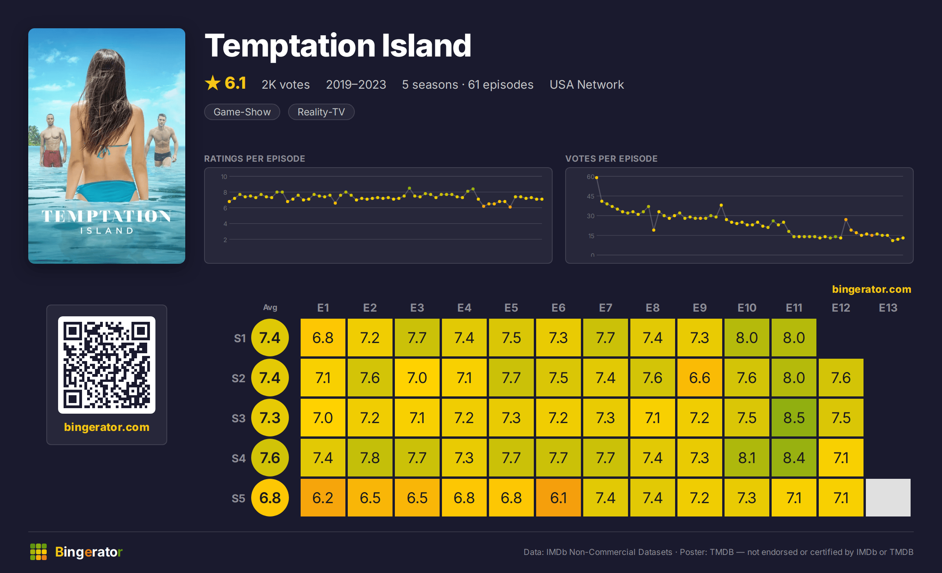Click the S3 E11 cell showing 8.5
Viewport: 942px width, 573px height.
tap(794, 418)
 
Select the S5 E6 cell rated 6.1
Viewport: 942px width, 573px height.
tap(558, 498)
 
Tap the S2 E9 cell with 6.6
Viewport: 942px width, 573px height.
tap(699, 378)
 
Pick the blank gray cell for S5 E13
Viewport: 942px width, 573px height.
tap(888, 498)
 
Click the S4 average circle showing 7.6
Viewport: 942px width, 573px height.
tap(270, 458)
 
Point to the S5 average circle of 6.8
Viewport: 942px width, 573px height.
tap(270, 498)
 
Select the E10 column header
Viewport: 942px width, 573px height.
tap(747, 308)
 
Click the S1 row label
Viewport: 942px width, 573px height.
tap(240, 338)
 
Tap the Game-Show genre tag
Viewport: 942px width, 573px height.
tap(242, 112)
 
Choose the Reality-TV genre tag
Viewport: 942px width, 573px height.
tap(321, 112)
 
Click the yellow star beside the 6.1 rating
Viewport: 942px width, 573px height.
tap(213, 83)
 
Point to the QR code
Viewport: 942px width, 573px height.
tap(107, 365)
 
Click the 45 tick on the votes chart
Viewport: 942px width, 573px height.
tap(591, 196)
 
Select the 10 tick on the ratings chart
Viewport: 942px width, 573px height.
tap(224, 177)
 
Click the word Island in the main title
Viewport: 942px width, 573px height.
tap(426, 46)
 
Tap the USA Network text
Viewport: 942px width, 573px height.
tap(587, 85)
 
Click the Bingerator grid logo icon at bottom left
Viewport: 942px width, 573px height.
tap(38, 552)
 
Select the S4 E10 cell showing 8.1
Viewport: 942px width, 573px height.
tap(747, 458)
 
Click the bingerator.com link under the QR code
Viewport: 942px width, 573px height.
tap(107, 427)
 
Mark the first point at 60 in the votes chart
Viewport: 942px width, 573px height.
tap(597, 178)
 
